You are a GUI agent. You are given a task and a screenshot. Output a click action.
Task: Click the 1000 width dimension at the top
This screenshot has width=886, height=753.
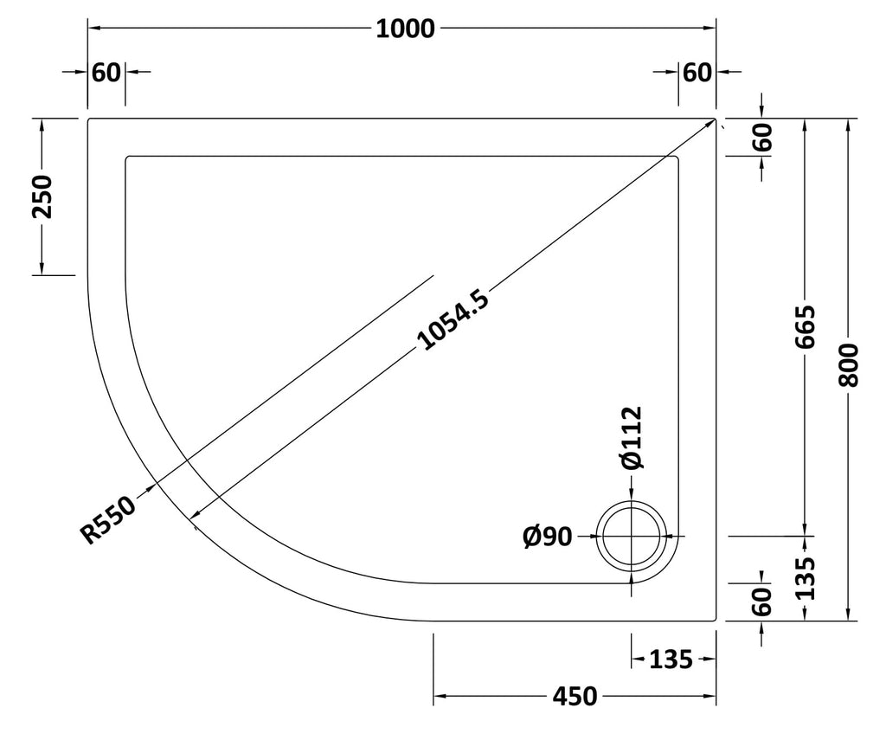pos(405,29)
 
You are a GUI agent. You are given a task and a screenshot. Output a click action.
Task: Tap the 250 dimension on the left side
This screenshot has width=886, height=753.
pos(42,196)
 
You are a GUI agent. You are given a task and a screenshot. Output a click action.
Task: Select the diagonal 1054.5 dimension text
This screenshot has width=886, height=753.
pos(453,319)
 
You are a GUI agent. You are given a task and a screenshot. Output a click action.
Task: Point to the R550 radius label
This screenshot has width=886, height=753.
pos(108,519)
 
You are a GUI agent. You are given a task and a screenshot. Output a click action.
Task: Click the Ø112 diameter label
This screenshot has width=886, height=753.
pos(632,438)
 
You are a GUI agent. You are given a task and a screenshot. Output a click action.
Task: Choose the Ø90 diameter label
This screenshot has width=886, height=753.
pos(548,537)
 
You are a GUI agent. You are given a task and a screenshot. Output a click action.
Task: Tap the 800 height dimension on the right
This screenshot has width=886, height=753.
pos(848,364)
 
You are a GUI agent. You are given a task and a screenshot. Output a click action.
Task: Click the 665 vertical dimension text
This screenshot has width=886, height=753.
pos(806,327)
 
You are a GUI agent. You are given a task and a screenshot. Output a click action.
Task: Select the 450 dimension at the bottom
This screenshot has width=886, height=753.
pos(575,697)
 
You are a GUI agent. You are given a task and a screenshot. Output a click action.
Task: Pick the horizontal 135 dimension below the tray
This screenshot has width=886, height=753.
pos(671,660)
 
